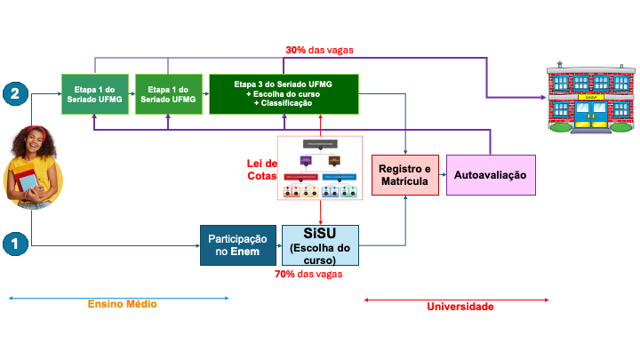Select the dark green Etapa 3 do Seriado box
pos(284,93)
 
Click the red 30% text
pos(296,51)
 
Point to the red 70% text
pos(285,275)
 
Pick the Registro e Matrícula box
pos(405,175)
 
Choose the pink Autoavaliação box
pos(490,175)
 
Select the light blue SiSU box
pos(320,245)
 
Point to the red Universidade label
pos(460,307)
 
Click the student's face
pos(36,142)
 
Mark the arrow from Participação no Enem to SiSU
pos(276,245)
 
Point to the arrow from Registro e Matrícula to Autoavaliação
pos(442,175)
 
